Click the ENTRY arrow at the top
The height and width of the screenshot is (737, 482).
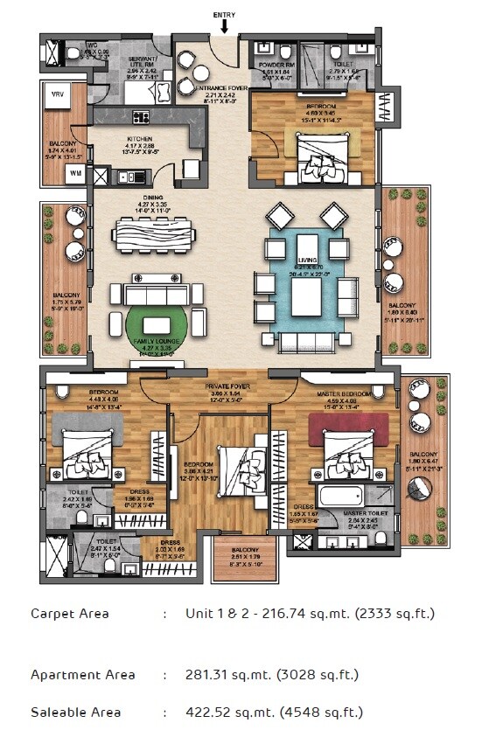225,25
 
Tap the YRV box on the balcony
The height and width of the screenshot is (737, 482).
58,97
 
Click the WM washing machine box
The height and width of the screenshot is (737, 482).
75,173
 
